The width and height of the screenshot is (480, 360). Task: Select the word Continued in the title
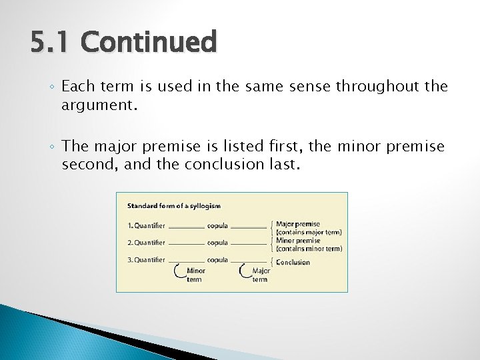(x=149, y=43)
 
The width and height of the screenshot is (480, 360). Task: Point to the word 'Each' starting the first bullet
(x=79, y=87)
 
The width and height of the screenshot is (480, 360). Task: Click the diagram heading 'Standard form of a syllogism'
(x=174, y=206)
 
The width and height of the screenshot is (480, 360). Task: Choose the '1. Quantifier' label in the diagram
(x=146, y=225)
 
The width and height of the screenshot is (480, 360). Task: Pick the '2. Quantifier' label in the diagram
(x=146, y=243)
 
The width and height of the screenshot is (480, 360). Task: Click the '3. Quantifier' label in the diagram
(x=146, y=260)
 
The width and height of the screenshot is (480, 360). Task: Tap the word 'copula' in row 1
(x=217, y=225)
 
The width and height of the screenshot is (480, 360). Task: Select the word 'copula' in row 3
(x=217, y=260)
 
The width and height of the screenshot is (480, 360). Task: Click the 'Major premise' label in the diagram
(x=298, y=224)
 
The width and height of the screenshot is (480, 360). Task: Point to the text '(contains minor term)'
(x=309, y=249)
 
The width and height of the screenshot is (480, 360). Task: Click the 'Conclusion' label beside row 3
(x=293, y=262)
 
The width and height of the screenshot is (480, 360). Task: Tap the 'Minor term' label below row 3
(x=195, y=275)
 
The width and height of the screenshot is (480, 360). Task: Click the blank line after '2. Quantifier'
(x=187, y=244)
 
